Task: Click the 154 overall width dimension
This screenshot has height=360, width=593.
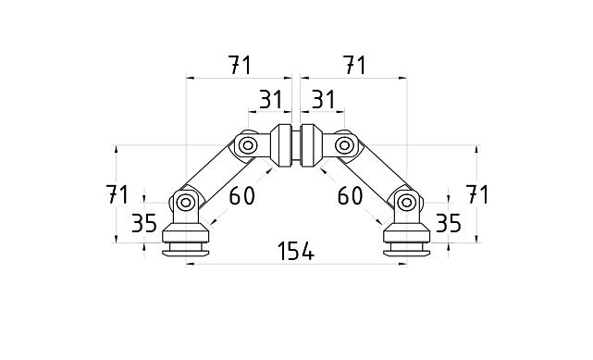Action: (296, 251)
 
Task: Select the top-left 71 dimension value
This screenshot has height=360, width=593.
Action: (239, 66)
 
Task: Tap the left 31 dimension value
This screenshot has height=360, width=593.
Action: (268, 100)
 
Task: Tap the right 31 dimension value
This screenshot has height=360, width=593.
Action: (323, 100)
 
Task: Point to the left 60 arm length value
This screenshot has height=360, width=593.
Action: (241, 195)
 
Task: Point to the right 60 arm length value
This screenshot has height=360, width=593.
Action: (351, 195)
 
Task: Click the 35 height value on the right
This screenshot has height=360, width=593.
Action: (448, 223)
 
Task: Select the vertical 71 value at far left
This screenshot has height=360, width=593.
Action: (117, 194)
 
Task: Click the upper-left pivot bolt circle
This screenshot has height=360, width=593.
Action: (247, 145)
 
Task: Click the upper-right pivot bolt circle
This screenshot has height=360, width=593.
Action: (344, 145)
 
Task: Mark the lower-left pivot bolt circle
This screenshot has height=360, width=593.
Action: (186, 201)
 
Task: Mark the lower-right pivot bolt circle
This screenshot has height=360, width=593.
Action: (405, 201)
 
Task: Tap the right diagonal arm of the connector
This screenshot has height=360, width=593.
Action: (375, 173)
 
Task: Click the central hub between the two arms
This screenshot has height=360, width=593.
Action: (296, 145)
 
